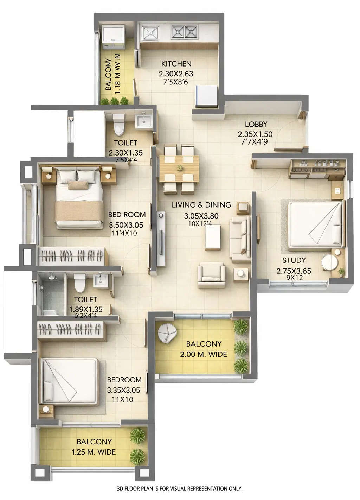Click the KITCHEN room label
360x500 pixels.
[176, 64]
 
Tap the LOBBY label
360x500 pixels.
[256, 124]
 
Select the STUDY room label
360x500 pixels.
[294, 260]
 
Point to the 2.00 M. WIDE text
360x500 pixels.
[203, 354]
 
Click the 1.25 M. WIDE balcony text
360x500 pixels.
[94, 452]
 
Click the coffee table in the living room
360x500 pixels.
[213, 238]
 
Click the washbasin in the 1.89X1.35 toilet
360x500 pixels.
[101, 281]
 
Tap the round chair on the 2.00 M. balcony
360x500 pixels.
[167, 334]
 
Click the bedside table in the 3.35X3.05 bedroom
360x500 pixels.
[46, 410]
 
